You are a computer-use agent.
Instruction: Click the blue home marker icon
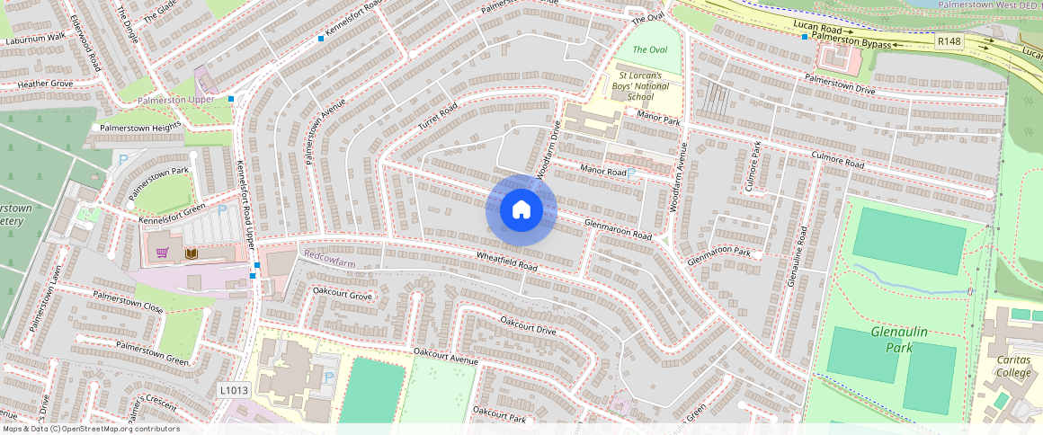521,210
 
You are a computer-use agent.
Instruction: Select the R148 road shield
949,41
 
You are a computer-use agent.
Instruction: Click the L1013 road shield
232,390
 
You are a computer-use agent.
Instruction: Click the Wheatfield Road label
507,262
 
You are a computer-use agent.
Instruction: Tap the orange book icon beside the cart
191,254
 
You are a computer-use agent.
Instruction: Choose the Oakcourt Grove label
342,294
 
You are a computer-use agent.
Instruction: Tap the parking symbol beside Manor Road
632,173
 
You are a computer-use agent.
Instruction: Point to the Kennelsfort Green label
172,216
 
